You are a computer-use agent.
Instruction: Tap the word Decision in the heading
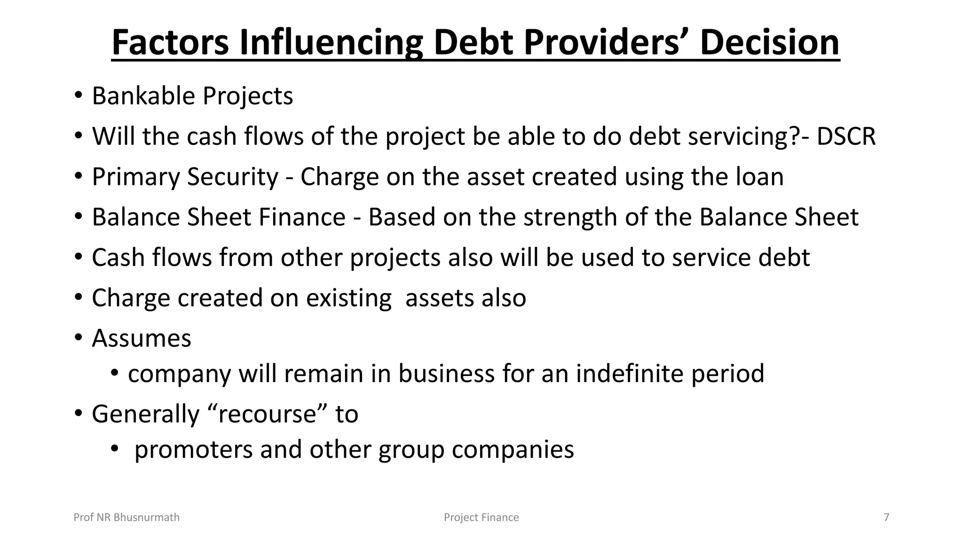point(769,43)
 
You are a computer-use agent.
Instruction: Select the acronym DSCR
point(846,136)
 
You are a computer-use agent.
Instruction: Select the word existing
point(348,298)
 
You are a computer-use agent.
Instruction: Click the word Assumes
point(142,338)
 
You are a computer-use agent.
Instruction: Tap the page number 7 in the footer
point(886,518)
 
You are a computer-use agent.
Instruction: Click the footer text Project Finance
point(481,518)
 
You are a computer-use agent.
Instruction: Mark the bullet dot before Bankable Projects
point(79,96)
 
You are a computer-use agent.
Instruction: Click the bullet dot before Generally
point(79,414)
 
